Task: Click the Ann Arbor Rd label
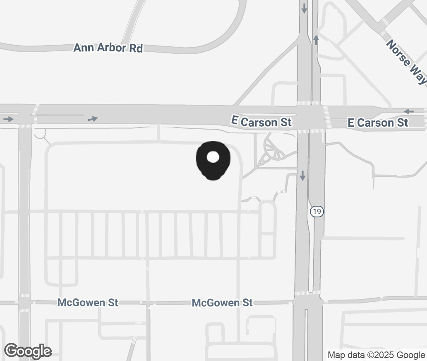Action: point(108,48)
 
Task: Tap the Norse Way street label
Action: point(406,62)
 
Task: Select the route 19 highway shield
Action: point(317,212)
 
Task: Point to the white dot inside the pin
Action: point(213,157)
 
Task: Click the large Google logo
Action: point(28,351)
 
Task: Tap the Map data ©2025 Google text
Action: point(376,355)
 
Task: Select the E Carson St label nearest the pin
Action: point(261,122)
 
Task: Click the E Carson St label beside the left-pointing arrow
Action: point(378,123)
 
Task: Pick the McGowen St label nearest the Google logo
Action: point(88,303)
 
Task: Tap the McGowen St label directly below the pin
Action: point(222,303)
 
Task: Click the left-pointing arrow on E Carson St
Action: point(409,111)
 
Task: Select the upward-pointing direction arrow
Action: point(316,40)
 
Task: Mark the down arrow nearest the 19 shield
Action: point(302,176)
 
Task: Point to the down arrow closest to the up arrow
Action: point(305,8)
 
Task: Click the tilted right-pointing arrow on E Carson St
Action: point(93,119)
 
